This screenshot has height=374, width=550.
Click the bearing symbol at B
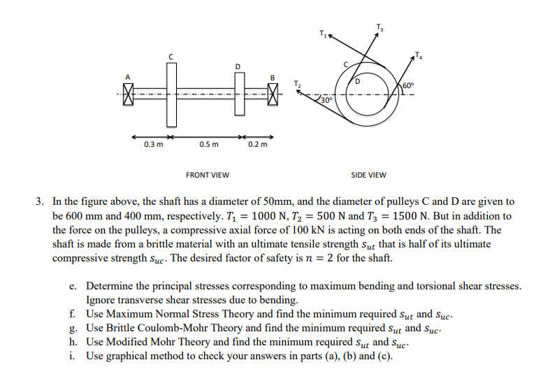pos(273,93)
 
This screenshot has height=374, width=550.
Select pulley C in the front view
pos(169,93)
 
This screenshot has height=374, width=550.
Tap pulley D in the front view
pos(238,93)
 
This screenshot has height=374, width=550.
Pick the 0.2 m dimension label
pos(256,145)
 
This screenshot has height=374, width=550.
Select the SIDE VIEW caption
pos(368,175)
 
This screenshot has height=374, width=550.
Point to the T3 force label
pos(379,27)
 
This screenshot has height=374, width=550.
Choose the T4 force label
pos(419,55)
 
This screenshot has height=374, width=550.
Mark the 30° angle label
pos(326,101)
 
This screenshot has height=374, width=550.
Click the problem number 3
pos(41,200)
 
